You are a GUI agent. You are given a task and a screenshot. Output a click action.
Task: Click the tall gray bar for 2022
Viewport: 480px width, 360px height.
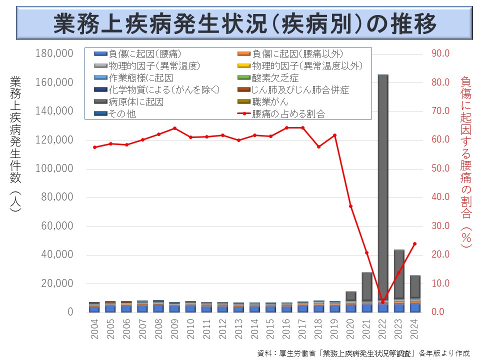pos(383,190)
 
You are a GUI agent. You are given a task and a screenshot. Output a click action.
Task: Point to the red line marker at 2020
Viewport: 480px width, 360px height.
pos(351,206)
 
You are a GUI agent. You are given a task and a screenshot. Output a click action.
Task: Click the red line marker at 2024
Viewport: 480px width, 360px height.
pos(414,244)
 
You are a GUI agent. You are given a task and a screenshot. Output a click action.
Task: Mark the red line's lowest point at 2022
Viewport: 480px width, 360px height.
pos(383,302)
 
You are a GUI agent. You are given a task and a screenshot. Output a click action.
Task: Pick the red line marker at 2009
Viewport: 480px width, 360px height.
pos(174,128)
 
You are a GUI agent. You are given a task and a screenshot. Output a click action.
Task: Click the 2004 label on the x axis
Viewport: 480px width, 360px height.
pos(95,328)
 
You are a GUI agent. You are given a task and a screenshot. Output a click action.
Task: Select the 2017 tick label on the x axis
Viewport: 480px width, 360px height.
pos(302,328)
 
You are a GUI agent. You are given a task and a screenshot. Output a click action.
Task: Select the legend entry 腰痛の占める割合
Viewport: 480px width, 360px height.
pos(288,114)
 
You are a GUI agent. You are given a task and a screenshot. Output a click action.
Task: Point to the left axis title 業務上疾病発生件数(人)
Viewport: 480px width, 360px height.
pos(15,145)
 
